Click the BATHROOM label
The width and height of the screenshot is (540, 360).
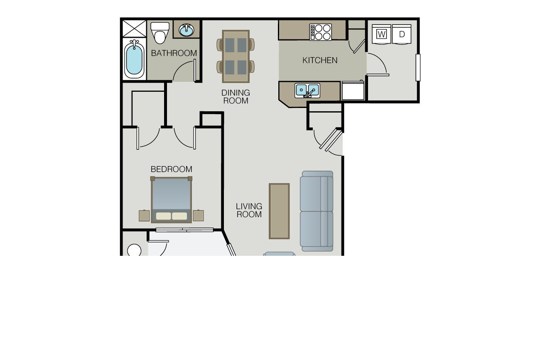tap(174, 53)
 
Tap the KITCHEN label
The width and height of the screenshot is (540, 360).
tap(320, 60)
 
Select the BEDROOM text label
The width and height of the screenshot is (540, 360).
tap(172, 169)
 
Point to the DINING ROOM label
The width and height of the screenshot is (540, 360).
tap(236, 97)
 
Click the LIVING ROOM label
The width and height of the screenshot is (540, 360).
tap(249, 210)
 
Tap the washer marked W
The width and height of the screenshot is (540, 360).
tap(381, 34)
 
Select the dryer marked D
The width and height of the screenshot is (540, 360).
tap(402, 34)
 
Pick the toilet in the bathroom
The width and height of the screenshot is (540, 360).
tap(160, 33)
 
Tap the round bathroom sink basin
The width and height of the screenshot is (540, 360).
tap(187, 30)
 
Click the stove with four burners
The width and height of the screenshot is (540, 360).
tap(321, 32)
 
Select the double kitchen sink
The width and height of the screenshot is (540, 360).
tap(307, 91)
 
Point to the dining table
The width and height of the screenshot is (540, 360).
tap(236, 56)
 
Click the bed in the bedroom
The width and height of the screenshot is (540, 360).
tap(172, 200)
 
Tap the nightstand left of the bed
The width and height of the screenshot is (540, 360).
tap(144, 216)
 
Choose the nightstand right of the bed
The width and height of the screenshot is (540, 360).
tap(199, 216)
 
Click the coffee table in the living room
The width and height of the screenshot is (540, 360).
tap(279, 211)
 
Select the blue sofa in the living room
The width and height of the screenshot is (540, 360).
tap(317, 211)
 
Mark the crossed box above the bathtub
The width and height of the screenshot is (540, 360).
tap(134, 29)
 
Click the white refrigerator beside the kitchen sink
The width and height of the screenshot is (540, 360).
tap(353, 91)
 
